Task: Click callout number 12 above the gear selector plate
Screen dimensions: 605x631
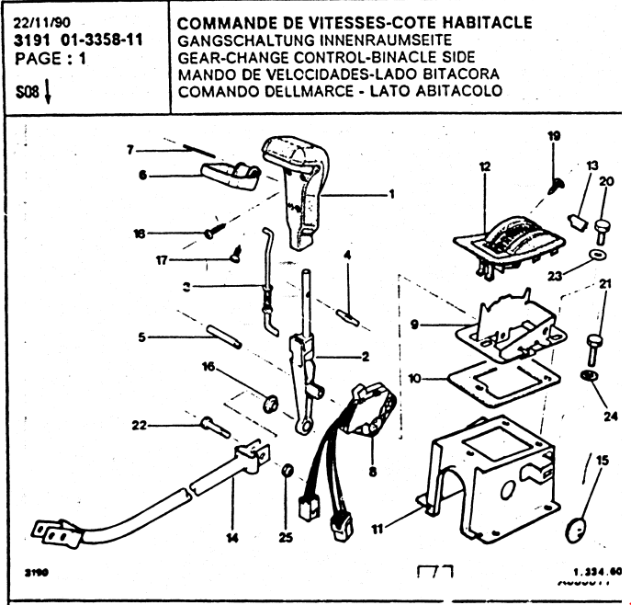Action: [484, 167]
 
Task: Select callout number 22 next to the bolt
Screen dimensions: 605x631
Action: [140, 425]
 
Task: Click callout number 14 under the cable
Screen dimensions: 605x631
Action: [232, 537]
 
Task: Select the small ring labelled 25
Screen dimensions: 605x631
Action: [287, 472]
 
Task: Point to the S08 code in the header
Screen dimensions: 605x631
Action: [28, 93]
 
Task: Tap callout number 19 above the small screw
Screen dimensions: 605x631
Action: [554, 136]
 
